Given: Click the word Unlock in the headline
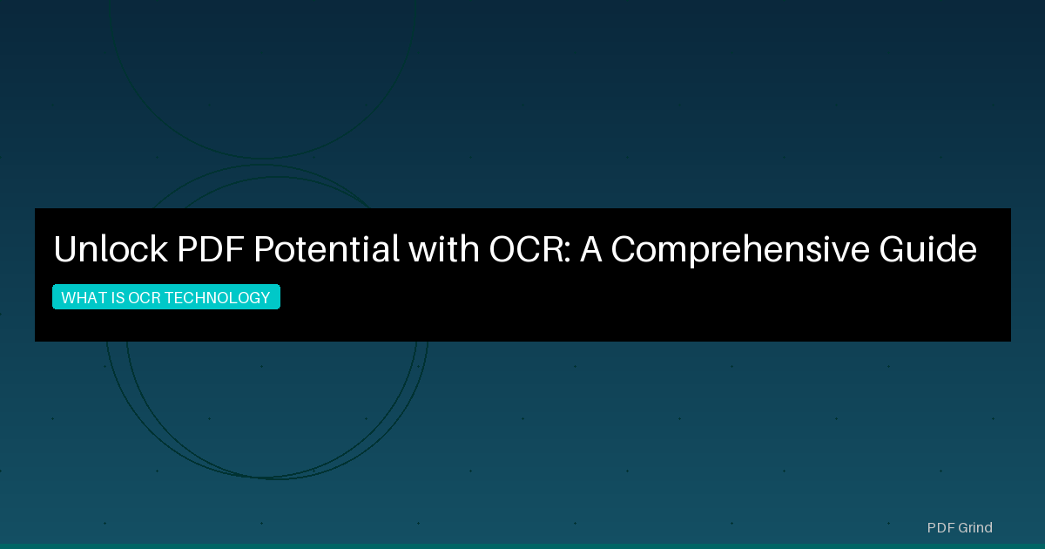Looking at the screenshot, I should pos(110,250).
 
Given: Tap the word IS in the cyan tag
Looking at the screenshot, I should pos(118,298).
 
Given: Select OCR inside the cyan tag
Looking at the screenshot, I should pos(145,298).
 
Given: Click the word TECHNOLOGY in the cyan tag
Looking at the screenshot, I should pos(217,298).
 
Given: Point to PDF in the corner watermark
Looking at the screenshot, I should pos(940,527).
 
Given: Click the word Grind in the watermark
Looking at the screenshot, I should pos(975,527).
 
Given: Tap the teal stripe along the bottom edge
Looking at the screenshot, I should pos(522,546).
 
